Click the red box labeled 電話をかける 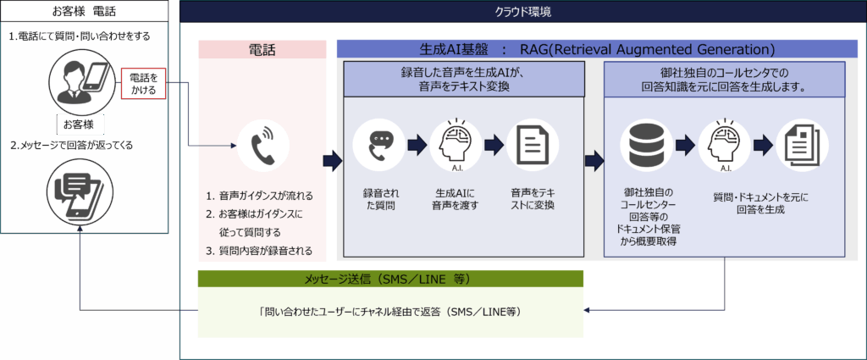pos(144,84)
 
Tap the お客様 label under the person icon pos(80,124)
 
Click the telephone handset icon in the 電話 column pos(262,146)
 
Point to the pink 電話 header pos(262,50)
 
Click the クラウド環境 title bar pos(522,12)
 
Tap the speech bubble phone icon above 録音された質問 pos(379,146)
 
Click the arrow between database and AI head pos(684,146)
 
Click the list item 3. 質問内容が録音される pos(259,251)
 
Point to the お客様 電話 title pos(84,11)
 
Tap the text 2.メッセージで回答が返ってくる pos(72,146)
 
